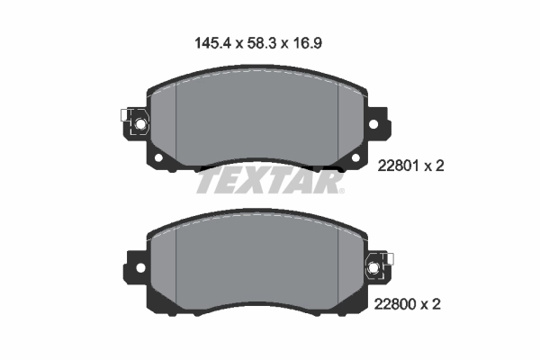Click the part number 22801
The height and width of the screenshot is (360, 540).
pyautogui.click(x=401, y=166)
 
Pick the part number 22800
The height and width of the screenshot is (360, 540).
pyautogui.click(x=401, y=305)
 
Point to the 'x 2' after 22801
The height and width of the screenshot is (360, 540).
pyautogui.click(x=436, y=166)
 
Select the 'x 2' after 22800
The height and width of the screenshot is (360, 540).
pyautogui.click(x=436, y=305)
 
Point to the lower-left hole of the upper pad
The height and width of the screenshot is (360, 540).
pyautogui.click(x=158, y=159)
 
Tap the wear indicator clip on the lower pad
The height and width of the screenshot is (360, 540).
pyautogui.click(x=375, y=266)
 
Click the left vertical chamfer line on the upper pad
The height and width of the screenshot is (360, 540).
pyautogui.click(x=176, y=117)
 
